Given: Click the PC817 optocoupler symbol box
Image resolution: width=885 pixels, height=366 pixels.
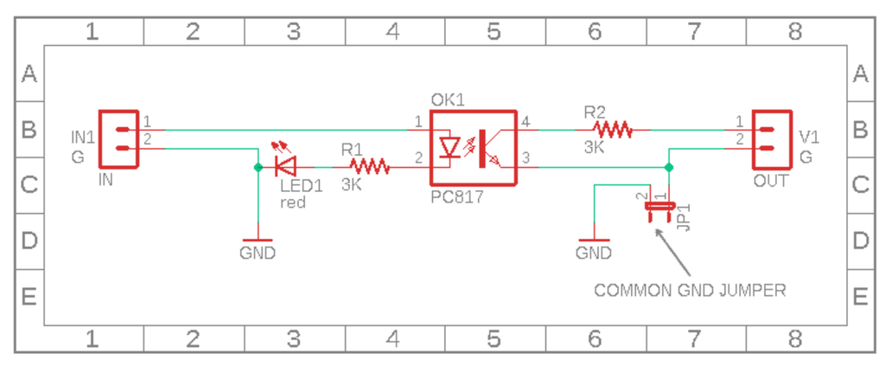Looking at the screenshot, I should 473,148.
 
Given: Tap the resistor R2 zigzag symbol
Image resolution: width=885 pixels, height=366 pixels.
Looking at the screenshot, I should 612,130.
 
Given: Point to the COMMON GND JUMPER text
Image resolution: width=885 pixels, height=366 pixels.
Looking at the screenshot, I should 690,291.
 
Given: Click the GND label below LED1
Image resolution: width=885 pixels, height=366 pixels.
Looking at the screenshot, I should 258,254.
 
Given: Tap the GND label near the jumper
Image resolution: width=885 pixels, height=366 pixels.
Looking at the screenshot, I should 594,254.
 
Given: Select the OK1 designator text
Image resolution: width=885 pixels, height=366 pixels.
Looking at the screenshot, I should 447,100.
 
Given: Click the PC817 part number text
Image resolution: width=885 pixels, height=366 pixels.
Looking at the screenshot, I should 456,198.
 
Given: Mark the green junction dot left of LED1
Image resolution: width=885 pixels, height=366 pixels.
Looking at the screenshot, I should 258,165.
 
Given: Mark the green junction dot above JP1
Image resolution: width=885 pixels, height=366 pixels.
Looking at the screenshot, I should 668,165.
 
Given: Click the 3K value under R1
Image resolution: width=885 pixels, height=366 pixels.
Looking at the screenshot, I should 352,184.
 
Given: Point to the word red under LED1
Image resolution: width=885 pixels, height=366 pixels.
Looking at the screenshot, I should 292,202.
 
